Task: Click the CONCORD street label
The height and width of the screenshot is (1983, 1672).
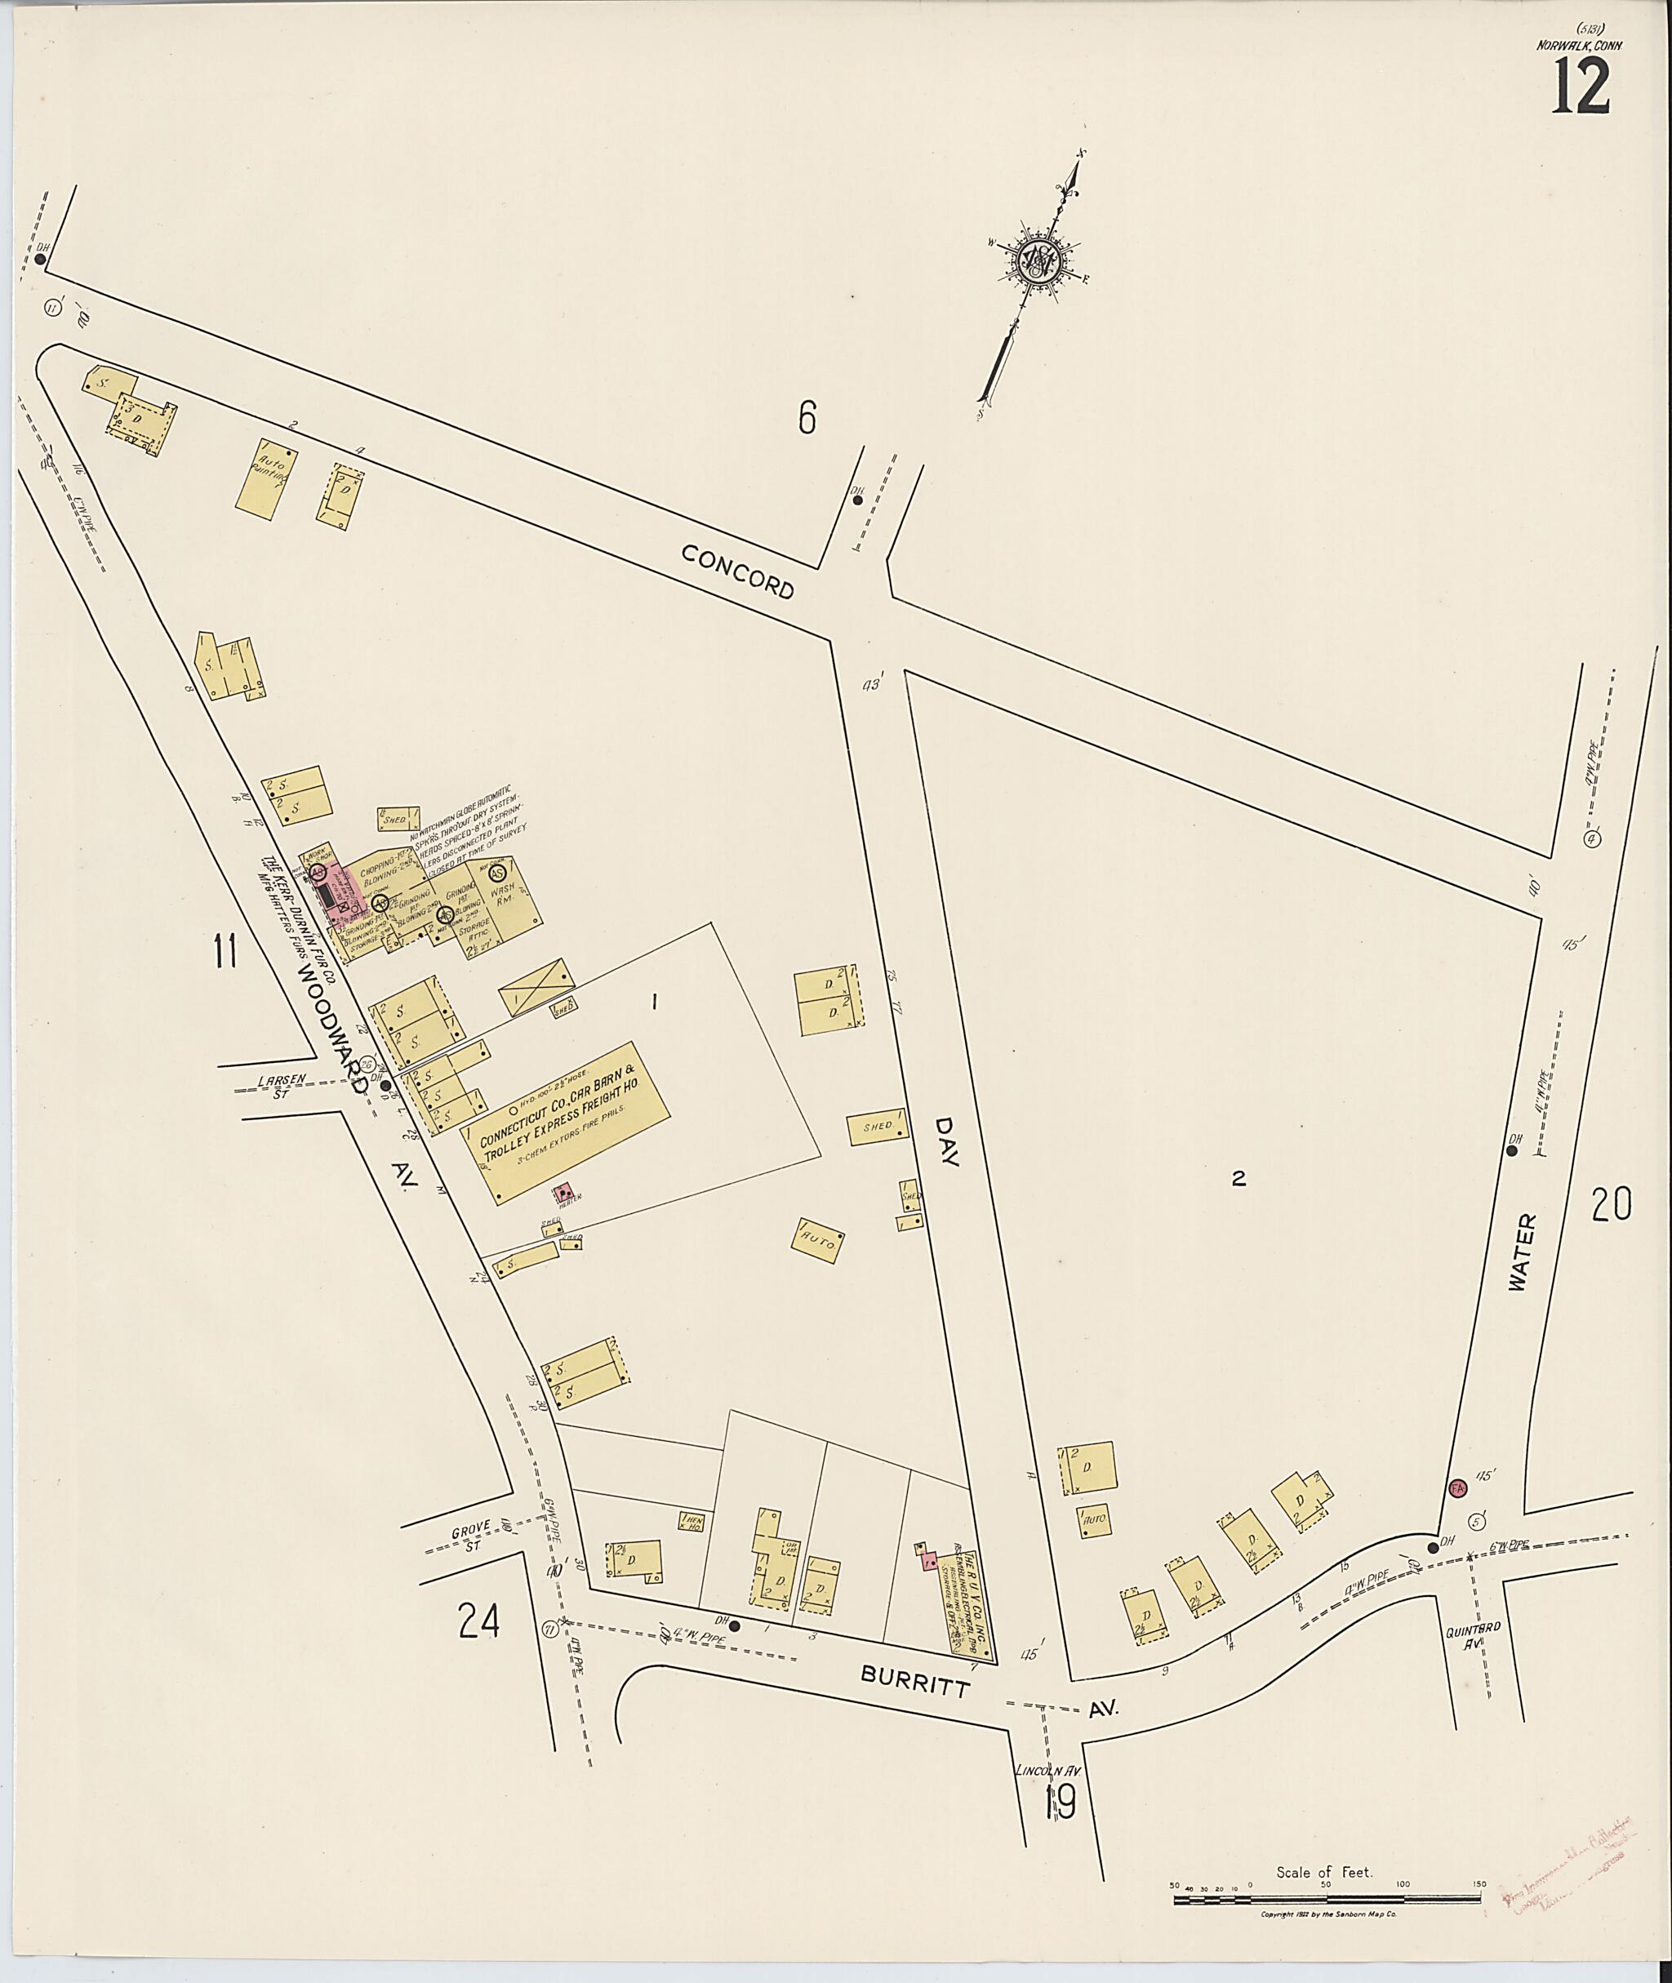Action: (737, 571)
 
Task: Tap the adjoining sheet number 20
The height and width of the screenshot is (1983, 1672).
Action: (1612, 1205)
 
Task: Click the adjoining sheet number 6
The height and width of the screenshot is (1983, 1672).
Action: (807, 418)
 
